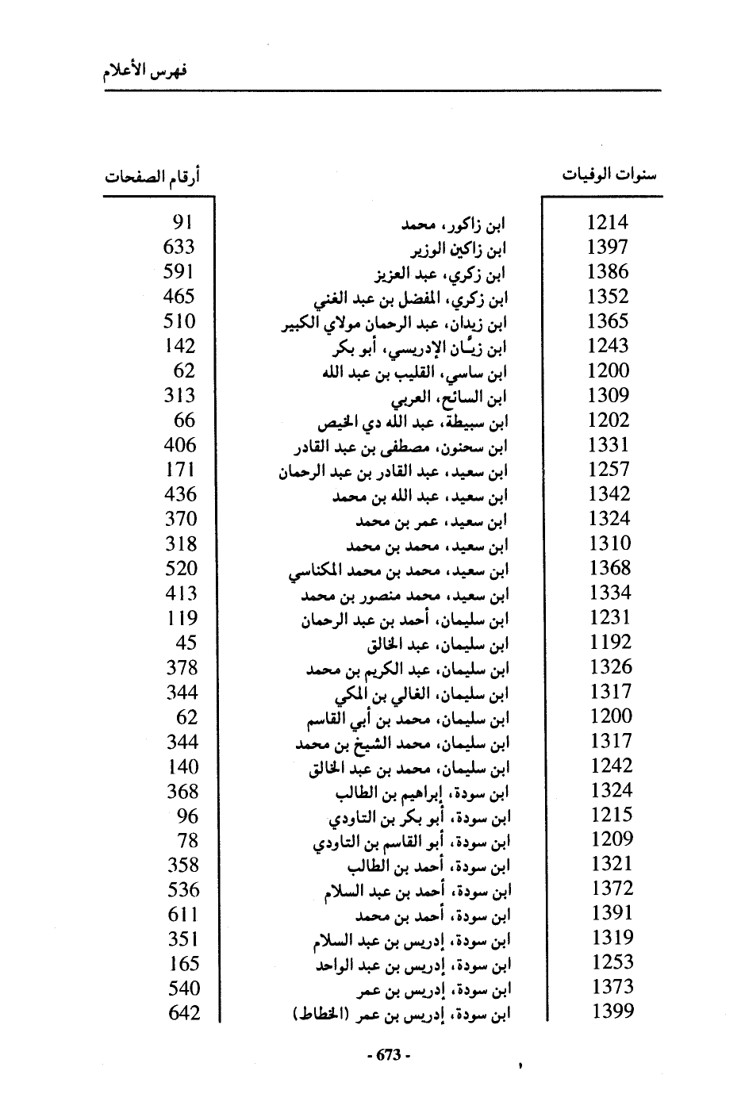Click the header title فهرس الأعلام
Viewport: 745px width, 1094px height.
[x=145, y=71]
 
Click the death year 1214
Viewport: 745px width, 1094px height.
[x=607, y=223]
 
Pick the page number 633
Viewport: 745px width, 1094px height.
[x=179, y=248]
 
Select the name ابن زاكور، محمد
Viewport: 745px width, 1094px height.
[x=454, y=225]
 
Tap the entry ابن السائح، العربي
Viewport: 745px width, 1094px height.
[x=450, y=397]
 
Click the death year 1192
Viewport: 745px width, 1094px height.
[x=610, y=642]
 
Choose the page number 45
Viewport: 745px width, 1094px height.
[x=185, y=643]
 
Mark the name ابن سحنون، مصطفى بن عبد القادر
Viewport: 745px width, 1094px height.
[x=401, y=447]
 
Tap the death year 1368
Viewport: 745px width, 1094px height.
[x=610, y=568]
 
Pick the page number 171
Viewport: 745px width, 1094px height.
[x=180, y=470]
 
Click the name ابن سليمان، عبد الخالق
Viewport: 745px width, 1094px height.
[x=438, y=643]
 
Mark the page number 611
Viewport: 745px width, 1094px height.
[x=183, y=914]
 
